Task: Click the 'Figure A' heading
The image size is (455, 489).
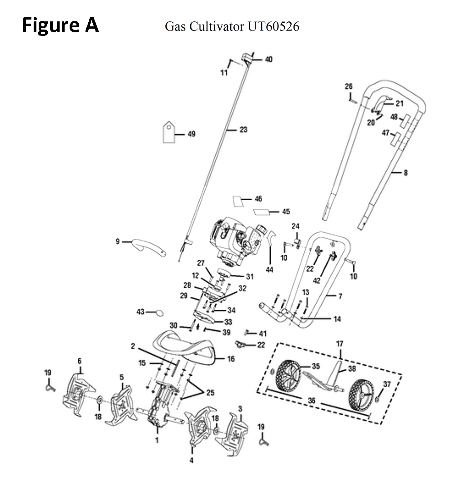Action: click(x=61, y=25)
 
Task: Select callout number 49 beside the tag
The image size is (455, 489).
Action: click(x=192, y=134)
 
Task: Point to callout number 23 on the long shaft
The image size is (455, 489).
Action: click(x=243, y=130)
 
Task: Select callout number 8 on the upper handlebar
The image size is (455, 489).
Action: click(x=406, y=172)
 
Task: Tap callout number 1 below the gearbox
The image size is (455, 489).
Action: click(x=157, y=440)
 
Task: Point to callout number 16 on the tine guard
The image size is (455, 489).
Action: click(x=231, y=359)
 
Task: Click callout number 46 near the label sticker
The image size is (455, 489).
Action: click(x=258, y=199)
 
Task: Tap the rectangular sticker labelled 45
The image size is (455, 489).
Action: click(x=261, y=212)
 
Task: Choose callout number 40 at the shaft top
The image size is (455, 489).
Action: click(x=268, y=59)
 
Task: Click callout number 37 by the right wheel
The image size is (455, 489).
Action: click(x=387, y=384)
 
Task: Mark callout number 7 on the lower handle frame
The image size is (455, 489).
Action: click(x=340, y=296)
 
